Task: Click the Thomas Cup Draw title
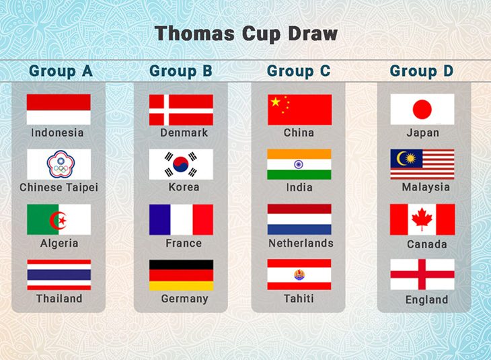pos(245,34)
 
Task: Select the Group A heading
pos(61,71)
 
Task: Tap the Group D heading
pos(422,71)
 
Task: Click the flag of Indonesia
pos(59,110)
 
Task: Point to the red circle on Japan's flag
pos(422,110)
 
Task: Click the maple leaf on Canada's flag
pos(422,219)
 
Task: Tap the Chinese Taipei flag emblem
pos(61,164)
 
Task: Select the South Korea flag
pos(181,164)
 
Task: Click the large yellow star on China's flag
pos(276,102)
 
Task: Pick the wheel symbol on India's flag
pos(299,164)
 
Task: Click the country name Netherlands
pos(301,243)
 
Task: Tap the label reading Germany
pos(185,299)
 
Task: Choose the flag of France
pos(181,219)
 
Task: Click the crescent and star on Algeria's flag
pos(59,220)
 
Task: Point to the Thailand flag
pos(59,275)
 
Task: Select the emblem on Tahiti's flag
pos(299,275)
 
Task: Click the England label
pos(426,300)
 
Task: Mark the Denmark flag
pos(181,110)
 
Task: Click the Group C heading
pos(299,71)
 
